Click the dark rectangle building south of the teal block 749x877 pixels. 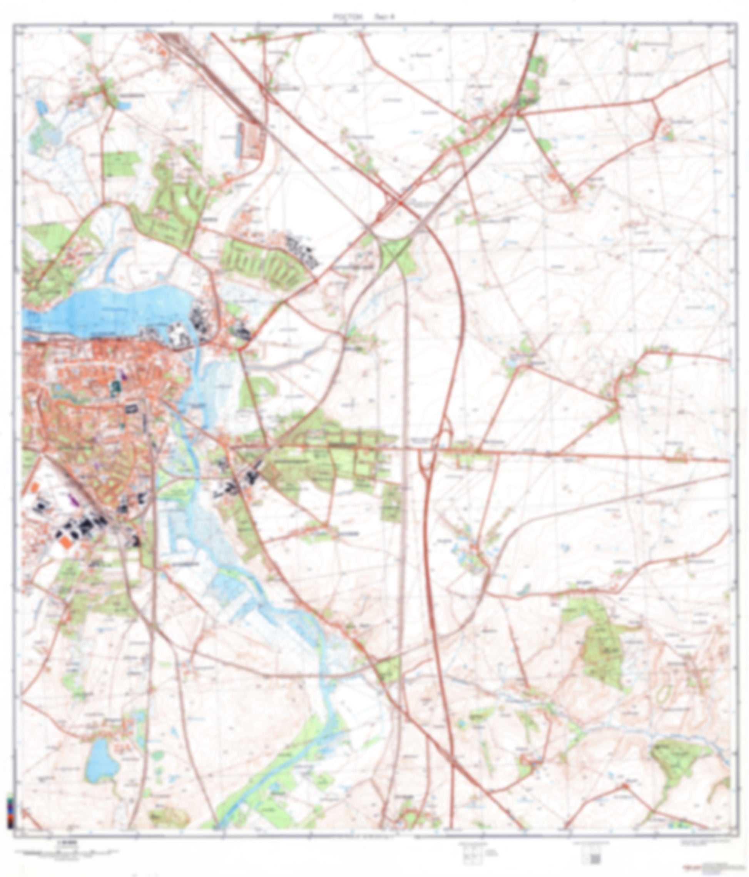(131, 408)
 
